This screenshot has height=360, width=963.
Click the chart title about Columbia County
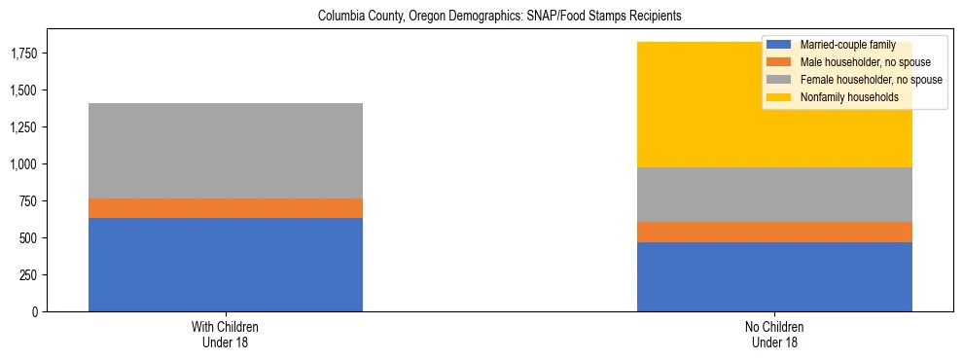(481, 17)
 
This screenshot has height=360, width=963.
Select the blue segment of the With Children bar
(226, 265)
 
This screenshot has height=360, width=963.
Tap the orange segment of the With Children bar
(226, 208)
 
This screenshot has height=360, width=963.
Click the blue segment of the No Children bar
(774, 276)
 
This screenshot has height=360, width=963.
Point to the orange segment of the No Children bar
(774, 232)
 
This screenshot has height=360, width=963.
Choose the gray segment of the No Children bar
(774, 195)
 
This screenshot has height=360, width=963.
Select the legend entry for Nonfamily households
(842, 97)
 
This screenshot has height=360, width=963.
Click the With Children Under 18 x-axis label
(226, 335)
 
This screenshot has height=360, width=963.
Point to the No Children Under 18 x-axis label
(774, 335)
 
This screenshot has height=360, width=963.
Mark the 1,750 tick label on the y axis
(24, 54)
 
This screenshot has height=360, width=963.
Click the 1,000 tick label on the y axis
(24, 164)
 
